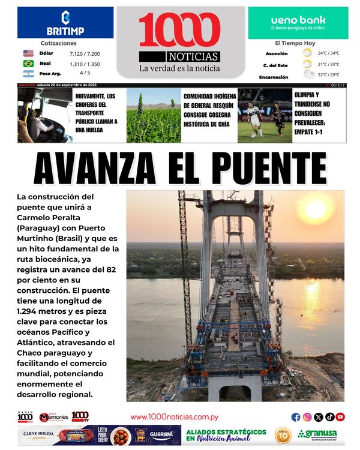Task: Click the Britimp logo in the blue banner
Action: pyautogui.click(x=65, y=23)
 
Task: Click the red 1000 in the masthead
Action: pyautogui.click(x=179, y=30)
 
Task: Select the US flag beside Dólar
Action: pyautogui.click(x=28, y=53)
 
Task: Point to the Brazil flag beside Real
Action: pyautogui.click(x=28, y=64)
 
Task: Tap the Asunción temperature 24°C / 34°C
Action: pyautogui.click(x=328, y=53)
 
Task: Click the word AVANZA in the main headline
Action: pyautogui.click(x=95, y=169)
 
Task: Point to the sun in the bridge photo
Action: pyautogui.click(x=315, y=210)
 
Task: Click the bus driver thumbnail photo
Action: pyautogui.click(x=45, y=116)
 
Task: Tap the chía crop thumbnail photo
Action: pyautogui.click(x=154, y=116)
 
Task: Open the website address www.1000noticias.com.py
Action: pyautogui.click(x=174, y=417)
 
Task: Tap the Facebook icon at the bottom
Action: pyautogui.click(x=296, y=417)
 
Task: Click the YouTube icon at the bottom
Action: pyautogui.click(x=340, y=417)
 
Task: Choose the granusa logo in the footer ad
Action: pyautogui.click(x=317, y=434)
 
